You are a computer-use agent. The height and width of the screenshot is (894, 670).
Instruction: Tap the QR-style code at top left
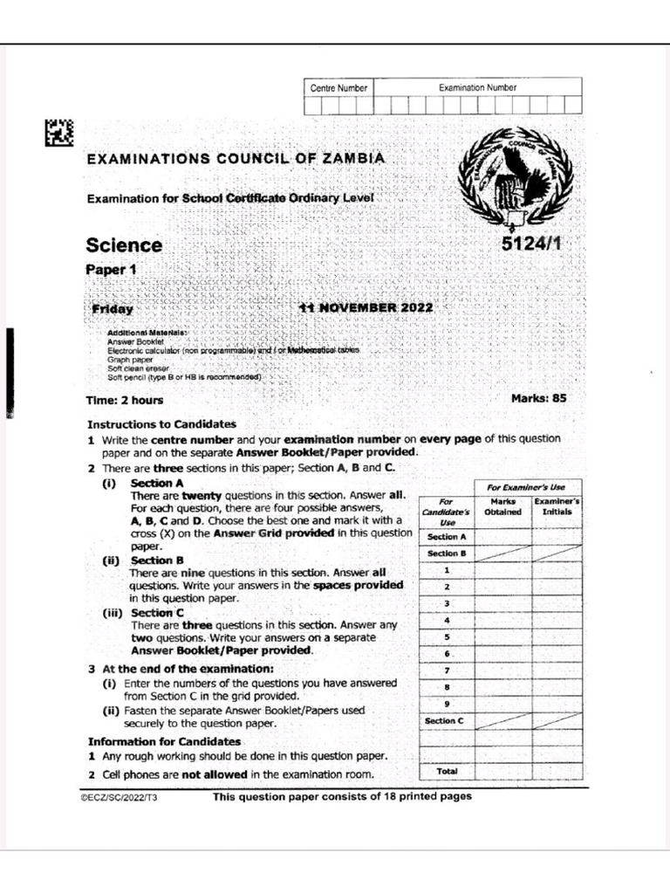pyautogui.click(x=58, y=133)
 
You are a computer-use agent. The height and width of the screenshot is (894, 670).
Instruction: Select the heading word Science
pyautogui.click(x=124, y=245)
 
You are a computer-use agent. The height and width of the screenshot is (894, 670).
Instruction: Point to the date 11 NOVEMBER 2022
pyautogui.click(x=365, y=308)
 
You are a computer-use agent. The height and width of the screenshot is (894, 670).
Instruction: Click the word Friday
pyautogui.click(x=113, y=309)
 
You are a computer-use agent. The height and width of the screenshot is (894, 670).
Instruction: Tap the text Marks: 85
pyautogui.click(x=538, y=398)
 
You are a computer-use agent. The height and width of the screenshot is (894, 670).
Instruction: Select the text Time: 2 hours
pyautogui.click(x=125, y=401)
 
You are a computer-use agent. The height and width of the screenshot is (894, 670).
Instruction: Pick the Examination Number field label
pyautogui.click(x=477, y=87)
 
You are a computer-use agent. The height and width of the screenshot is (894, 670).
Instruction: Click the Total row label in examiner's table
pyautogui.click(x=446, y=771)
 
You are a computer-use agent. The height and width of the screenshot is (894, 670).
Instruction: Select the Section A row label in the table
pyautogui.click(x=446, y=537)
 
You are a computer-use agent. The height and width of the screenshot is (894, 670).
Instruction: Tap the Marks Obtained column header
pyautogui.click(x=502, y=507)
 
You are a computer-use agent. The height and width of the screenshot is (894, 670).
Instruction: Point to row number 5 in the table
pyautogui.click(x=446, y=637)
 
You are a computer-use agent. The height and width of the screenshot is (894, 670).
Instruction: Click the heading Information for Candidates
pyautogui.click(x=164, y=741)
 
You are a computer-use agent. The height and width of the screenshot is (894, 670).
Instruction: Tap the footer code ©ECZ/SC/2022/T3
pyautogui.click(x=119, y=798)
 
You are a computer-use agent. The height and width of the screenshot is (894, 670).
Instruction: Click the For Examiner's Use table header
pyautogui.click(x=527, y=486)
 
